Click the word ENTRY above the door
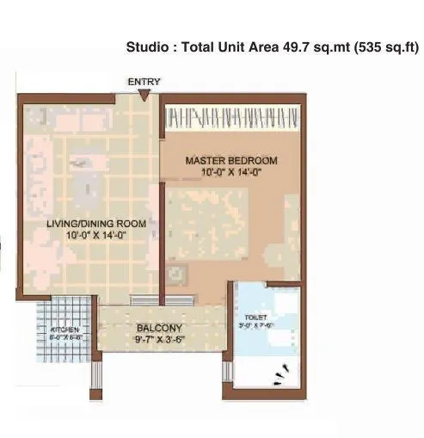[144, 82]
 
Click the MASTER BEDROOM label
[231, 161]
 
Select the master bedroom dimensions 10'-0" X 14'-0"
[231, 173]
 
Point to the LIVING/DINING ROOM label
[96, 223]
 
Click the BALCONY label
[158, 328]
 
